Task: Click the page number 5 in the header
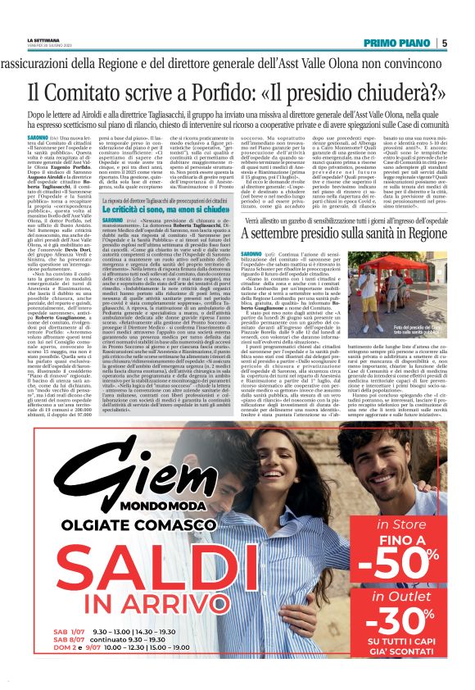tap(444, 43)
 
